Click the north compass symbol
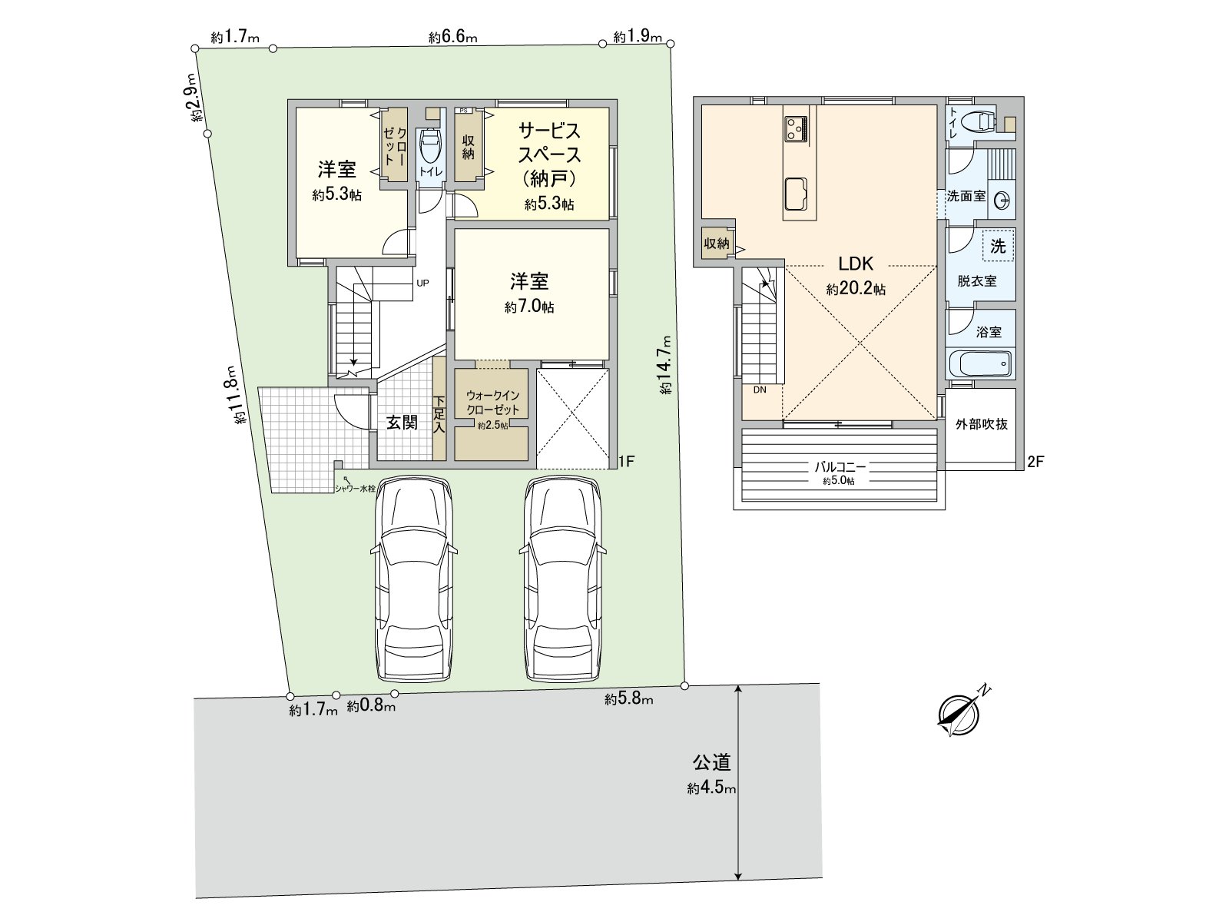959,713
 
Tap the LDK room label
856,264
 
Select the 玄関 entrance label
401,422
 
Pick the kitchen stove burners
797,128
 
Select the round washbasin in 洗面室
1002,201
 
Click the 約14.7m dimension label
666,365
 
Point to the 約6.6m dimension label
453,37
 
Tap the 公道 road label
711,763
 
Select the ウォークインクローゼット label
492,403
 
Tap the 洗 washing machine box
998,247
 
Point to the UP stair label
422,283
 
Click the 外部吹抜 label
981,424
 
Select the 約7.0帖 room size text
530,307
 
